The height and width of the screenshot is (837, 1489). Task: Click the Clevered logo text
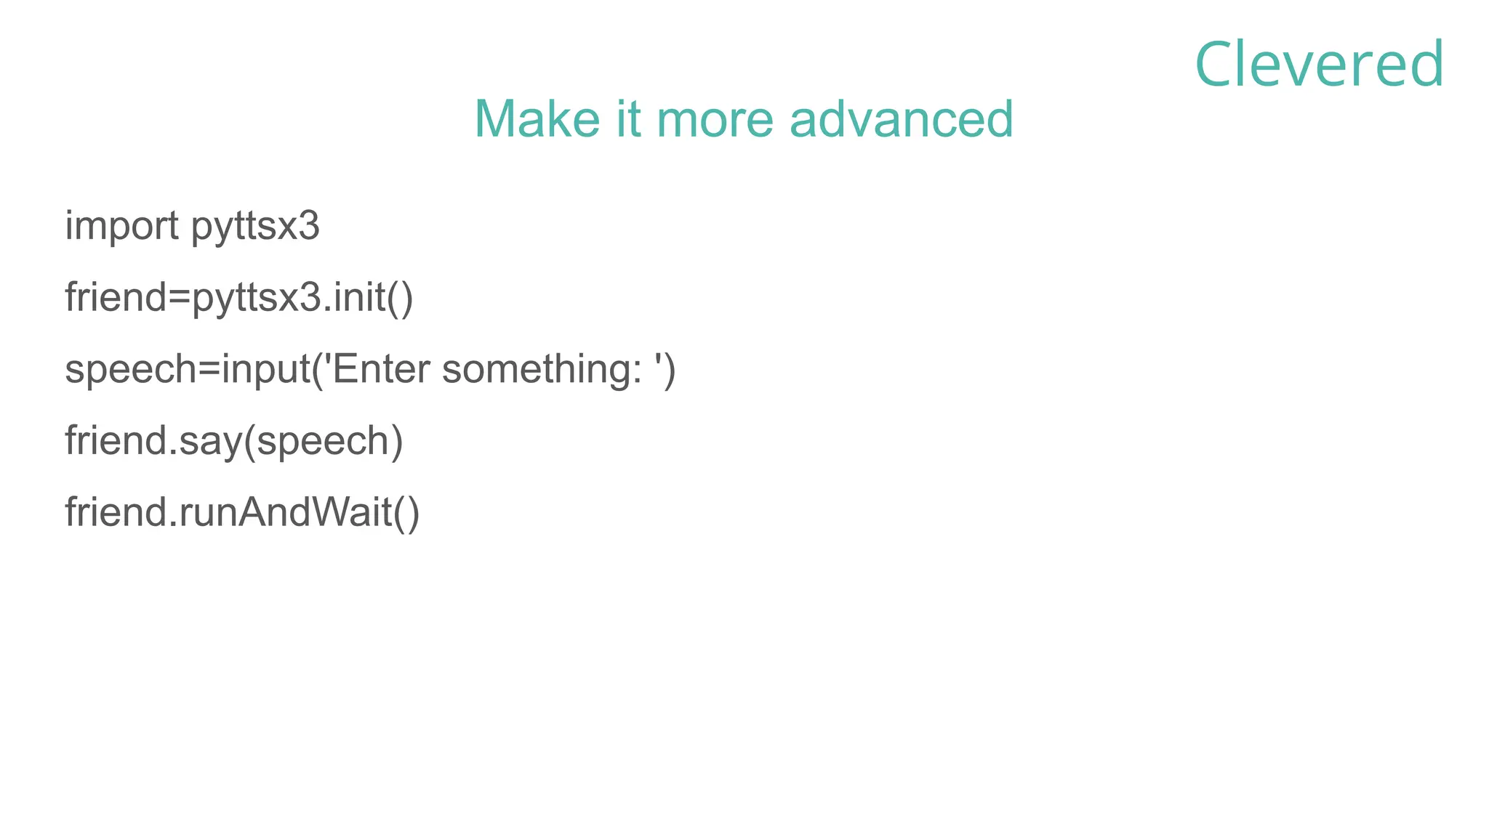click(x=1319, y=65)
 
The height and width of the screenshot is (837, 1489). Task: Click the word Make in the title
click(x=537, y=118)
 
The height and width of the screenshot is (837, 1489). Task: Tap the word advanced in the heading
click(x=901, y=118)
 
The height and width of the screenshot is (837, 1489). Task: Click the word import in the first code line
click(x=121, y=226)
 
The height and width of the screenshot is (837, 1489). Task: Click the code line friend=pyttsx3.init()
click(x=239, y=298)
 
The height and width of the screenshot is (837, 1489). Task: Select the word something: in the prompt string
click(x=542, y=370)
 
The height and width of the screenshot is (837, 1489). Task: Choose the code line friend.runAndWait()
click(x=242, y=512)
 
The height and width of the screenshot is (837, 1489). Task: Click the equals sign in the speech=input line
click(x=209, y=370)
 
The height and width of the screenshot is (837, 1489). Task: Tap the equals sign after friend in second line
click(x=180, y=299)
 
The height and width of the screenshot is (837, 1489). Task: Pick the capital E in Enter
click(x=346, y=368)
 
